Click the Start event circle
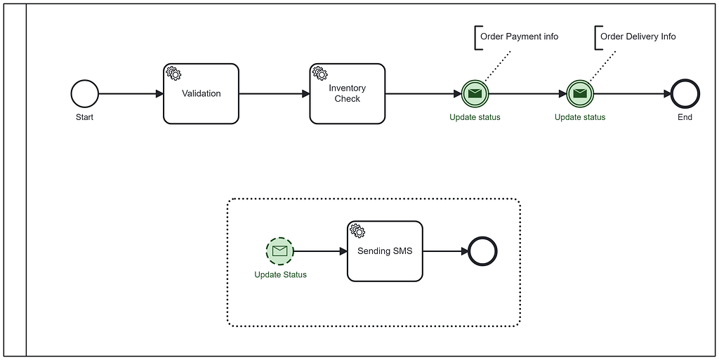[84, 93]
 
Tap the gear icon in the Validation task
[173, 73]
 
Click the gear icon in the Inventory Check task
[319, 73]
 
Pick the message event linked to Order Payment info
[475, 93]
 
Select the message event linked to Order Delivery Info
[579, 93]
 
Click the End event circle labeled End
[685, 93]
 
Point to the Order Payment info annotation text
[519, 36]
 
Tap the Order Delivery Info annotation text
[638, 36]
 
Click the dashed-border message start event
[279, 251]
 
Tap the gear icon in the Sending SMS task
[357, 230]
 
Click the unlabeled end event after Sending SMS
[482, 251]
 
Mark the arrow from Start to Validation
[131, 93]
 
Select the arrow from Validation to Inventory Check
[274, 93]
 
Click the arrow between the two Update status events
[527, 93]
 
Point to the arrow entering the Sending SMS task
[319, 251]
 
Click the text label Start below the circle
[84, 117]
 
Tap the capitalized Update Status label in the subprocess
[280, 274]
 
